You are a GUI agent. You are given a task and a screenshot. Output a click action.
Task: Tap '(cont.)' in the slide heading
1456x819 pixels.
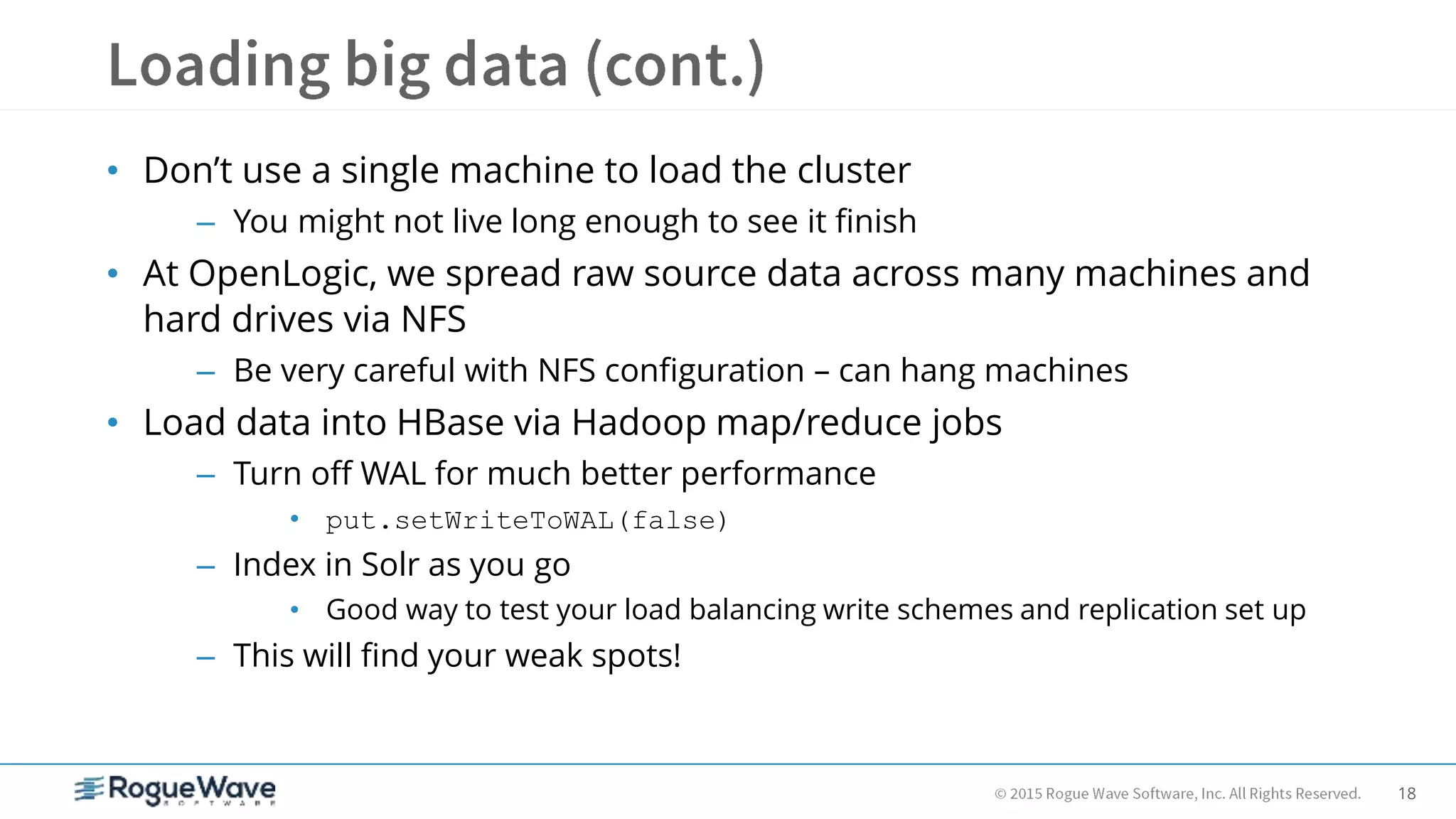[x=675, y=65]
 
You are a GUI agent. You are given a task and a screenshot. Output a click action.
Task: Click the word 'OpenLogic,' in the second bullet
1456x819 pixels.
[x=282, y=274]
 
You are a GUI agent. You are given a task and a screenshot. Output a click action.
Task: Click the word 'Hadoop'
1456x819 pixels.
[x=638, y=423]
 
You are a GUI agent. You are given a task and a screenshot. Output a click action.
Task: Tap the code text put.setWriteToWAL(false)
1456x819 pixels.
[x=526, y=521]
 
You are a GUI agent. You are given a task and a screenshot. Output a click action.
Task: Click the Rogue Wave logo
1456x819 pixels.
[x=176, y=790]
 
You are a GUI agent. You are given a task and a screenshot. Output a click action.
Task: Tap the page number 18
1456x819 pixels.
[x=1406, y=793]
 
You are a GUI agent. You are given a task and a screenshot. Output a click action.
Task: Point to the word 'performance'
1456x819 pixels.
[x=778, y=474]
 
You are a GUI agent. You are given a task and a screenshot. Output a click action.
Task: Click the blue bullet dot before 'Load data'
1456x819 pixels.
[x=112, y=423]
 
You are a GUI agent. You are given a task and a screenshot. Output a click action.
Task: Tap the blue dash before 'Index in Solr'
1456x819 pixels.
[x=205, y=567]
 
